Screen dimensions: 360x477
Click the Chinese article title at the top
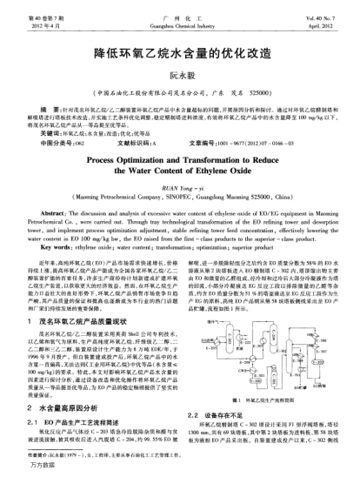coord(180,52)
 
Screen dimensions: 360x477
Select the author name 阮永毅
coord(179,77)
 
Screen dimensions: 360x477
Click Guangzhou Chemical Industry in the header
coord(180,15)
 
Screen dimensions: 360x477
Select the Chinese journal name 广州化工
coord(180,7)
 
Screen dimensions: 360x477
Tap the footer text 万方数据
coord(22,470)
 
